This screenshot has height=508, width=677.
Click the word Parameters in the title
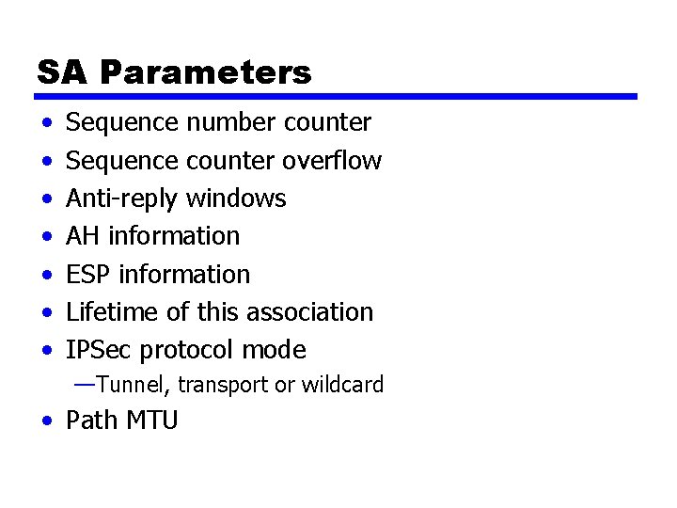tap(206, 72)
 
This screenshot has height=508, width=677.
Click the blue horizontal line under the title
tap(337, 96)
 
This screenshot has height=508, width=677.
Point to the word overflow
tap(332, 161)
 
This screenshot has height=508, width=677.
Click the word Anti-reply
tap(122, 198)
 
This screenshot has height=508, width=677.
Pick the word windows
tap(236, 198)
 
